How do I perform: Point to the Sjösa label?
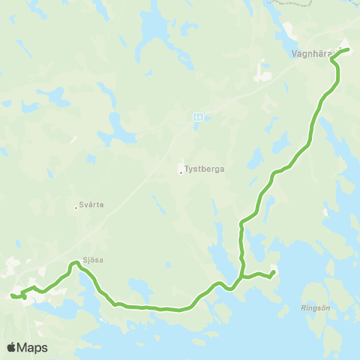tap(93, 259)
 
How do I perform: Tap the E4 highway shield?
tap(197, 116)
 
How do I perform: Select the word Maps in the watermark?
tap(34, 347)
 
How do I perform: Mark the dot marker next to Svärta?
tap(77, 207)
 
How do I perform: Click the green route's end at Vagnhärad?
tap(348, 49)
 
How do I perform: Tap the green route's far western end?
tap(12, 295)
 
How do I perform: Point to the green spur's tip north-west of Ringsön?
tap(274, 271)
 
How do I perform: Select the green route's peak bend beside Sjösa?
tap(75, 262)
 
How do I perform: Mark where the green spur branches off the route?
tap(243, 275)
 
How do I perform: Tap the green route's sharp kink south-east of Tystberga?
tap(241, 223)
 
